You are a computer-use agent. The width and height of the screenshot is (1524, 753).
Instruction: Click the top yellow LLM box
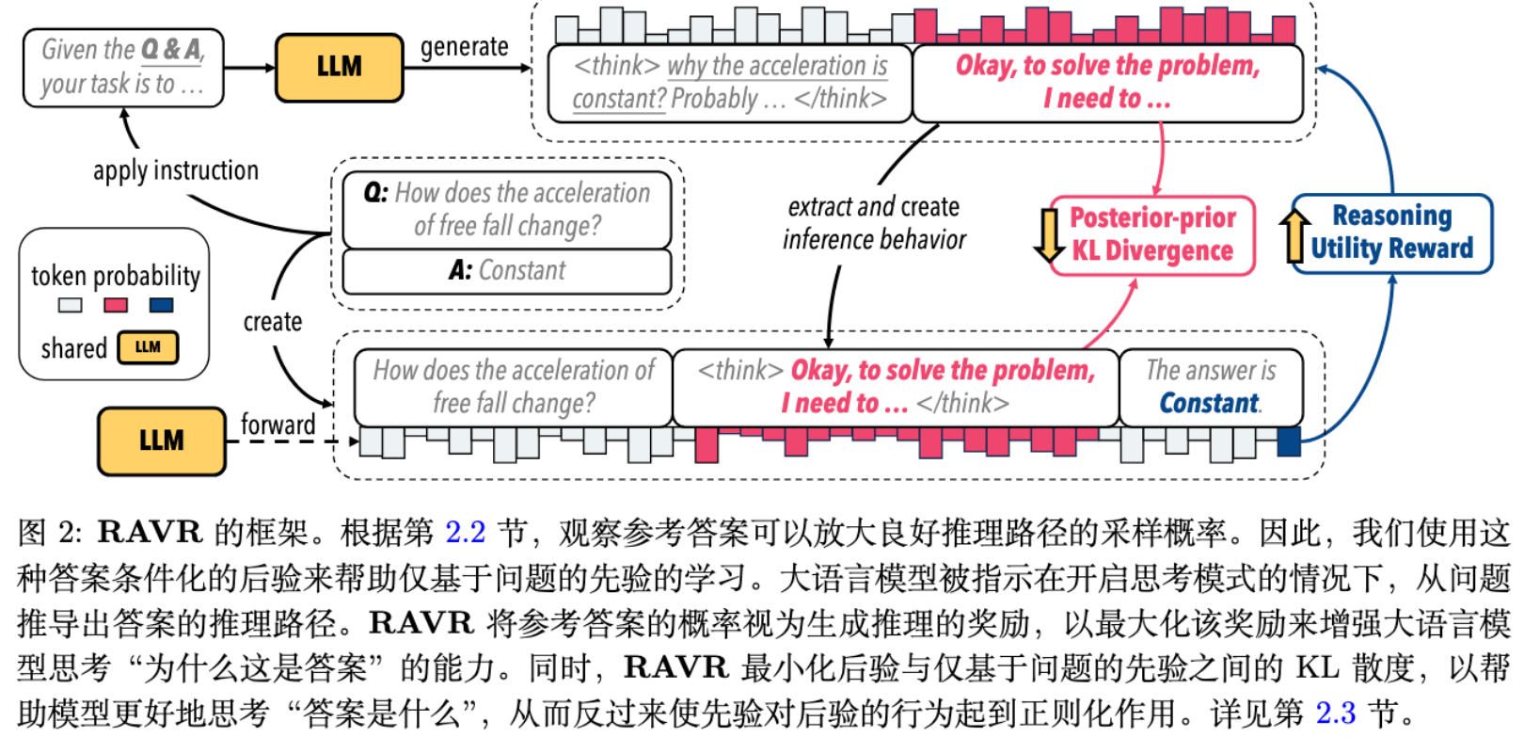pos(339,67)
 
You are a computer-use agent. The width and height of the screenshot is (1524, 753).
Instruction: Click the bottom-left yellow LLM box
pos(162,441)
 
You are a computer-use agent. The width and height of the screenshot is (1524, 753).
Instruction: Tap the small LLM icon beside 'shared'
pos(148,347)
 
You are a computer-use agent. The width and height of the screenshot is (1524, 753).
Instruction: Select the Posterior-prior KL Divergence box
pos(1152,235)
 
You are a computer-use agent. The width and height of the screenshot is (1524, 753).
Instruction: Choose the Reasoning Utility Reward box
pos(1391,233)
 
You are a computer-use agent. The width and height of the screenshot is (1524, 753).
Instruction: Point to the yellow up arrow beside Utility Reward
pos(1295,235)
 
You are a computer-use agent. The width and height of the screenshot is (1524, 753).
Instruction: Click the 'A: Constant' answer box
pos(507,271)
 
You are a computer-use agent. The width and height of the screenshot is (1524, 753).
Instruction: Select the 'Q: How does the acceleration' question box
pos(507,209)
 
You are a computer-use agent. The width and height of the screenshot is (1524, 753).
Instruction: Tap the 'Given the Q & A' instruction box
pos(123,67)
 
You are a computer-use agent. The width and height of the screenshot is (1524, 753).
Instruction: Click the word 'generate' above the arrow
pos(464,47)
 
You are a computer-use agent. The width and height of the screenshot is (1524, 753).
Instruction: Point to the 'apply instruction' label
pos(176,170)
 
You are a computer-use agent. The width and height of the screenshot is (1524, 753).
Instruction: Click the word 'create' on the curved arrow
pos(273,322)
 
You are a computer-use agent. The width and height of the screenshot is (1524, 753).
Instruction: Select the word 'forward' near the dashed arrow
pos(278,425)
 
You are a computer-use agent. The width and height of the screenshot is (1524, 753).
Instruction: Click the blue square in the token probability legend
pos(161,305)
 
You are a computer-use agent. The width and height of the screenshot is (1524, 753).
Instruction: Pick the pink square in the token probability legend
pos(116,305)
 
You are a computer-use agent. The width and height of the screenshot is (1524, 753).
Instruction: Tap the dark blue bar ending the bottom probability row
pos(1288,441)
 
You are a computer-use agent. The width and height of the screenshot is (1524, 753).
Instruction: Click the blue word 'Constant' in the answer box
pos(1209,404)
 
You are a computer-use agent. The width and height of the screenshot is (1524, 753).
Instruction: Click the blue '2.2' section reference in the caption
pos(465,533)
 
